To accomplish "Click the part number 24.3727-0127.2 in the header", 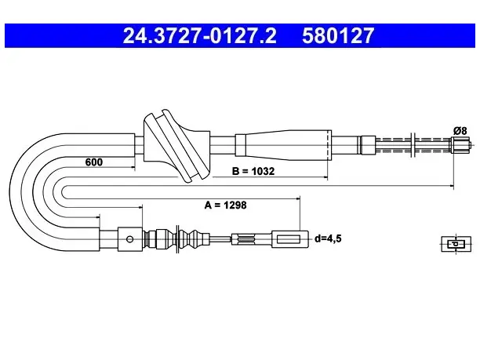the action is pos(199,35).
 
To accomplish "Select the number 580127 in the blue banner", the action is pos(338,35).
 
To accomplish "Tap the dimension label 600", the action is pos(93,162).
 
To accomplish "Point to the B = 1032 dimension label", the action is pos(253,171).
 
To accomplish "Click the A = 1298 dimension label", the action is pos(225,205).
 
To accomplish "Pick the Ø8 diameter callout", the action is pos(460,131).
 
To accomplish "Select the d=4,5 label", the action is pos(328,238).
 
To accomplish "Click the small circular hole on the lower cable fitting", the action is pos(129,239).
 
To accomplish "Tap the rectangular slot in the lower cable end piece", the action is pos(288,239).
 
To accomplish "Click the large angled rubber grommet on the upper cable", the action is pos(177,146).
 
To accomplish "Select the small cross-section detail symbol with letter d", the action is pos(456,244).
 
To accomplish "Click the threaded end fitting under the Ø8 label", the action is pos(460,145).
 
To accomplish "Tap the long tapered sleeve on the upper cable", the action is pos(283,145).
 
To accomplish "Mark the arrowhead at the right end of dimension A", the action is pos(298,198).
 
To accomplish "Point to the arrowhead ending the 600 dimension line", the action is pos(133,167).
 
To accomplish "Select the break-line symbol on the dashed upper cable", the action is pos(413,145).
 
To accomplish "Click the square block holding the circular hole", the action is pos(130,239).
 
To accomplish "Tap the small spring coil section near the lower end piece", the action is pos(245,239).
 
